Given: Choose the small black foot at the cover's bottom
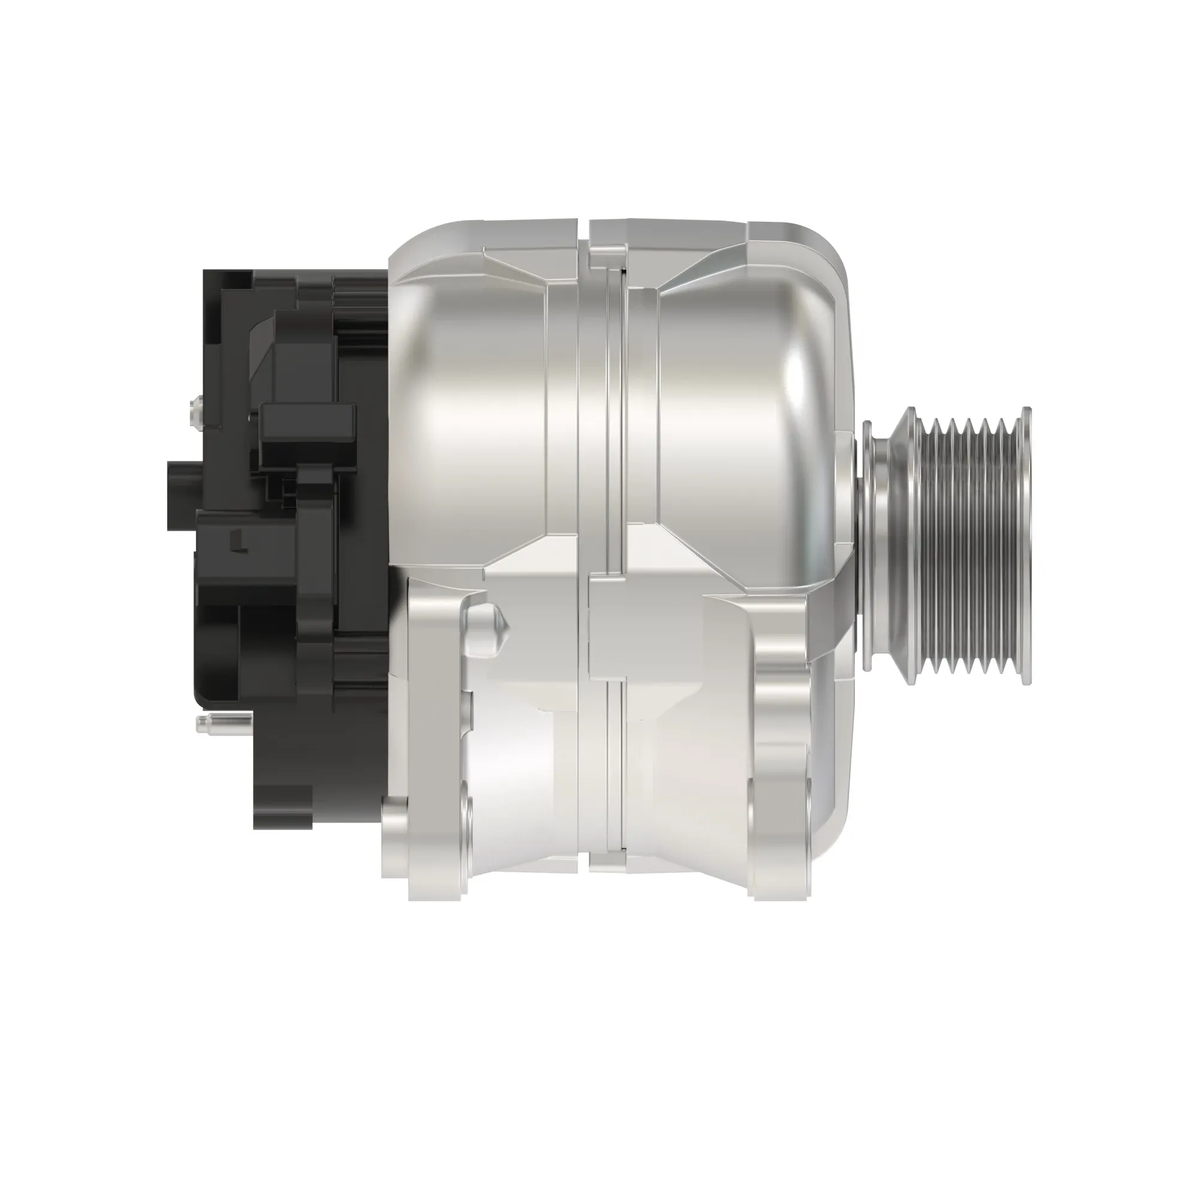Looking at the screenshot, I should tap(282, 807).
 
